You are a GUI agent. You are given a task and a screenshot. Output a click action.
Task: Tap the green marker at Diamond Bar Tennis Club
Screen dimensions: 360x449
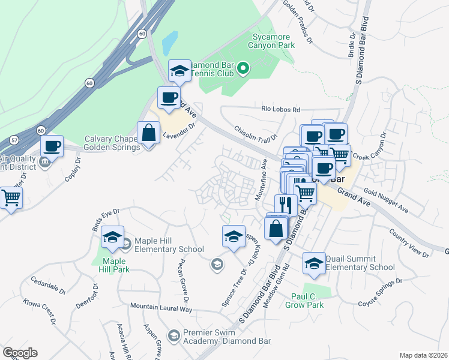[243, 69]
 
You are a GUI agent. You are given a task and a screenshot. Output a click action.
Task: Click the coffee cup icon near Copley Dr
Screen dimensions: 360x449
[52, 146]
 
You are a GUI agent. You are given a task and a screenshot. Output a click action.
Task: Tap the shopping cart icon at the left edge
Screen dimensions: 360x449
[10, 197]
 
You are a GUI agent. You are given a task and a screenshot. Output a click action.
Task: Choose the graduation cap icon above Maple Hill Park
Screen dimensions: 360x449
[112, 238]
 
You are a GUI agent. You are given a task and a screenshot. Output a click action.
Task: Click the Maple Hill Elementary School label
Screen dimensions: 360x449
[169, 245]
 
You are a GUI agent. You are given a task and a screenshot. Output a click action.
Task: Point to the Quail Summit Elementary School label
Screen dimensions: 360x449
[360, 263]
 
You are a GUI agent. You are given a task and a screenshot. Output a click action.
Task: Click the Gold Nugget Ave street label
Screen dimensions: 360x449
[385, 202]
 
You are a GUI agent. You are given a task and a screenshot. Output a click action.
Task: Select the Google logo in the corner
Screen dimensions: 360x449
[20, 353]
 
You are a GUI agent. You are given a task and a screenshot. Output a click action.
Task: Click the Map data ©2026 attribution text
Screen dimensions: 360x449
[424, 355]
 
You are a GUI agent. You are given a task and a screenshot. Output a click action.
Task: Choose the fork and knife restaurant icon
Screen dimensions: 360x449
[286, 205]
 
